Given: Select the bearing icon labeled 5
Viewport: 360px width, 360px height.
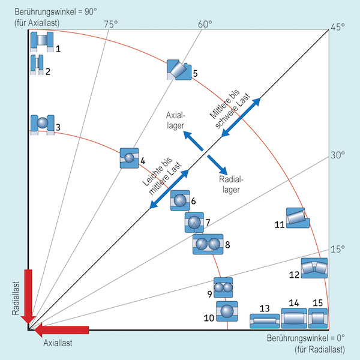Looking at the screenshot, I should point(178,70).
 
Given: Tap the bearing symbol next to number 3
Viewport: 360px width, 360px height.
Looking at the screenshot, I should point(42,123).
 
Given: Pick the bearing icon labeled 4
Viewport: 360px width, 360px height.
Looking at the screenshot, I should point(129,158).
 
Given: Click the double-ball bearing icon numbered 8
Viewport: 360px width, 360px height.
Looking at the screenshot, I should point(208,244).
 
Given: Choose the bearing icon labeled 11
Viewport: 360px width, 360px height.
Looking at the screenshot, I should point(296,217).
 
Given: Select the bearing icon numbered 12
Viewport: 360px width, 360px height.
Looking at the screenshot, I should point(314,268).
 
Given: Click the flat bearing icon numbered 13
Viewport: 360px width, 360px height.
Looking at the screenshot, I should point(265,320).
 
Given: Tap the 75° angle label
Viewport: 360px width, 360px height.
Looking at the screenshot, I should point(110,24).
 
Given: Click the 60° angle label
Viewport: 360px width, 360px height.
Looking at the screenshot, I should point(205,24).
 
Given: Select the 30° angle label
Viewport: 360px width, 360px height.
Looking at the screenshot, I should point(337,155).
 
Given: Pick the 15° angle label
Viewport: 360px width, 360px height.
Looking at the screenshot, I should point(338,249).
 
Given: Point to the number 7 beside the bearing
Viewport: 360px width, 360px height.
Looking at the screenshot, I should point(207,223).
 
